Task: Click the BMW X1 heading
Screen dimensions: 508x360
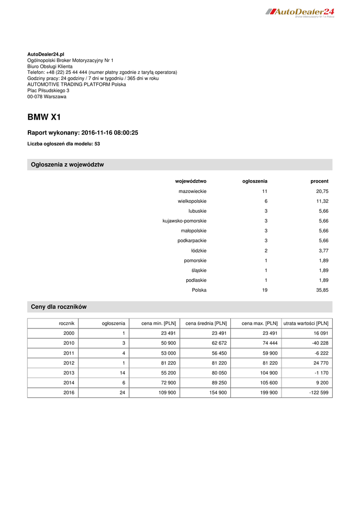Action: [44, 118]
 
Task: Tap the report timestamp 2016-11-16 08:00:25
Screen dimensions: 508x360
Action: [109, 133]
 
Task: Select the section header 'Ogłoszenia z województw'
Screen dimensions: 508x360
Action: [67, 165]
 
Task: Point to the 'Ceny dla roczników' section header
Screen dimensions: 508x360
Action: [59, 307]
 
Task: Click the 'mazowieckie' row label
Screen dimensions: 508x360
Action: [193, 191]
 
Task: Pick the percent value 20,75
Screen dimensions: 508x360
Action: [322, 191]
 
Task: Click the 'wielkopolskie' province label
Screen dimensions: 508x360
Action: [192, 201]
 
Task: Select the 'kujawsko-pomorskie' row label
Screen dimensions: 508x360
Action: [185, 221]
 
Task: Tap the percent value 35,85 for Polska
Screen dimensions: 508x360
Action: [322, 290]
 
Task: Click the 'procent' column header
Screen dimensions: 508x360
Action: [319, 181]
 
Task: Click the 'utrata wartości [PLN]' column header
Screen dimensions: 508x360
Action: [306, 323]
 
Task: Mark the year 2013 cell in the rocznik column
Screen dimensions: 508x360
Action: [69, 373]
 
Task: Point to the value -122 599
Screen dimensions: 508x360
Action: [317, 393]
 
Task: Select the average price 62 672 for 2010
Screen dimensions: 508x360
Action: [217, 343]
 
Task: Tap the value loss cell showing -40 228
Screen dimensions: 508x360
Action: [318, 343]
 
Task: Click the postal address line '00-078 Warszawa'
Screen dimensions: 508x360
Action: [47, 97]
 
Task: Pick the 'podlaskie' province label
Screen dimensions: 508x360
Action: [196, 280]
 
